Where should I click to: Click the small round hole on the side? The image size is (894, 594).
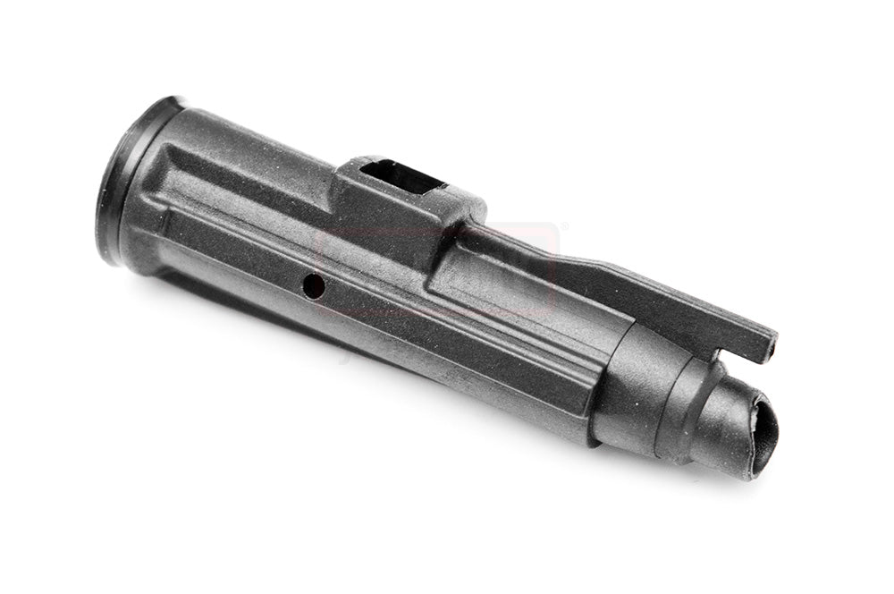coord(312,284)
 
